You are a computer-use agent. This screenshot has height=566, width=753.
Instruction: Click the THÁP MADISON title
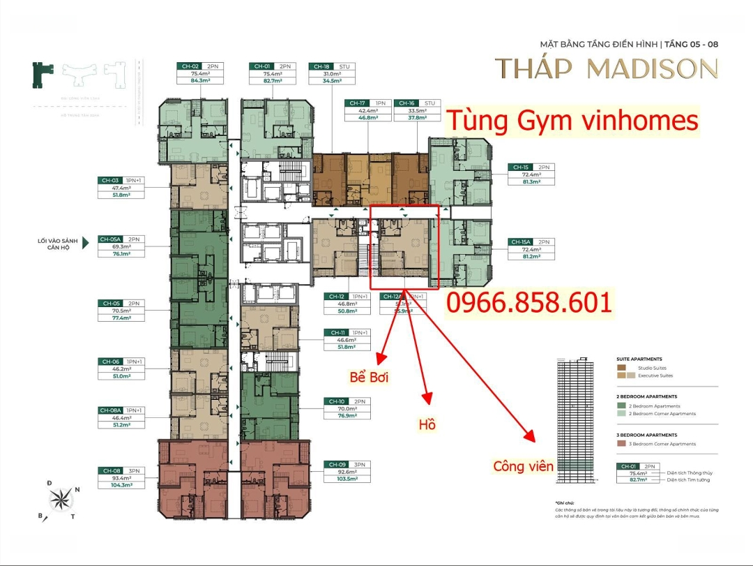pyautogui.click(x=606, y=69)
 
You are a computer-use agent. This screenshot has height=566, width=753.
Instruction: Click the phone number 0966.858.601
pyautogui.click(x=529, y=303)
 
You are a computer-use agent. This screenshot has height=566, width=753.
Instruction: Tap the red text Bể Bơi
pyautogui.click(x=369, y=378)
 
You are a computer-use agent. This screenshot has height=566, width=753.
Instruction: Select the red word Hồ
pyautogui.click(x=427, y=424)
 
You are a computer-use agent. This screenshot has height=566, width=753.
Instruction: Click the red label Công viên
pyautogui.click(x=523, y=466)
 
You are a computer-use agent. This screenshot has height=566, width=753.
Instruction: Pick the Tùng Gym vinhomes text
pyautogui.click(x=572, y=121)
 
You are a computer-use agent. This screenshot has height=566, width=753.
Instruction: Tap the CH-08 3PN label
pyautogui.click(x=122, y=470)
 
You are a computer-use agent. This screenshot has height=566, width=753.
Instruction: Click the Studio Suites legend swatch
pyautogui.click(x=621, y=368)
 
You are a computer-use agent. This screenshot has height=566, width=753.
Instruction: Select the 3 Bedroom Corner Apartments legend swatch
pyautogui.click(x=621, y=444)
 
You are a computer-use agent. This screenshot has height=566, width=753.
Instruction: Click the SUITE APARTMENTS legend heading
pyautogui.click(x=639, y=359)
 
